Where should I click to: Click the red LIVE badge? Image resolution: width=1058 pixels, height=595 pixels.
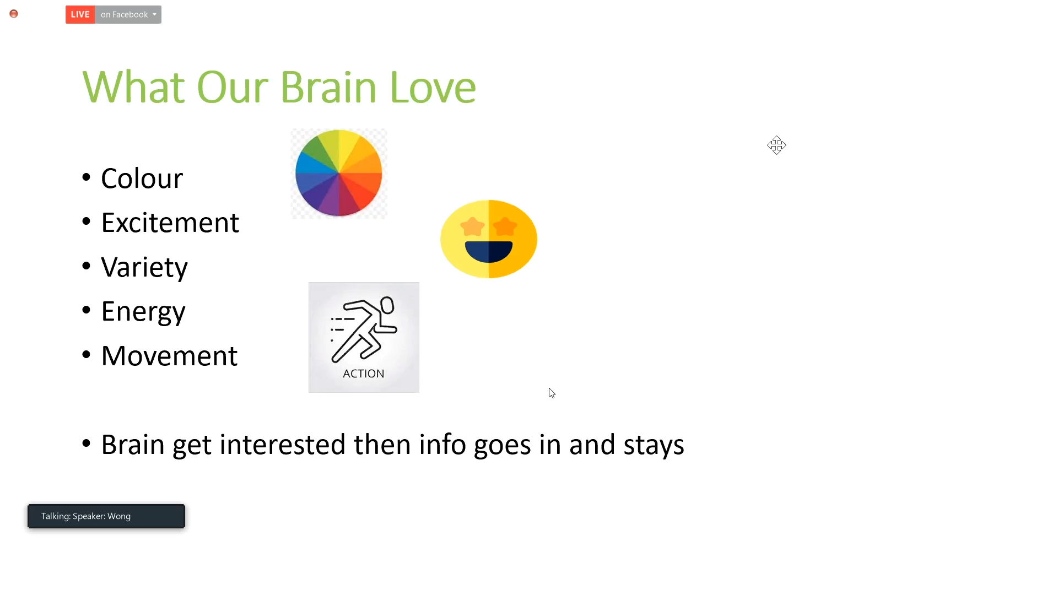(x=80, y=15)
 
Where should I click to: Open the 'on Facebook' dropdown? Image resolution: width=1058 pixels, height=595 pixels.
(x=128, y=15)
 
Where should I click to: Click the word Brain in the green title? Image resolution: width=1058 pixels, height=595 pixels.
(x=328, y=87)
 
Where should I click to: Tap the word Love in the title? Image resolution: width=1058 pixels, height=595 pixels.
(x=433, y=87)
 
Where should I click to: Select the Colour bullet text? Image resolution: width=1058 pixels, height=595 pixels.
(x=142, y=178)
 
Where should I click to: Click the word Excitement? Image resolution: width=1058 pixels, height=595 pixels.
(x=170, y=223)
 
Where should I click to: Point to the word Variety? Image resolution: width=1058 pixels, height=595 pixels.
(x=144, y=268)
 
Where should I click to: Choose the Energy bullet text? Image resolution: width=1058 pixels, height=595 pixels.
(x=143, y=312)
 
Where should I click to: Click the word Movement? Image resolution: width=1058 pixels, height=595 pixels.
(x=169, y=356)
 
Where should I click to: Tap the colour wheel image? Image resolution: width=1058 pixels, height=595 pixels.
(x=339, y=174)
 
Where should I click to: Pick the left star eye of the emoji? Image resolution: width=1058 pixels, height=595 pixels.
(x=473, y=226)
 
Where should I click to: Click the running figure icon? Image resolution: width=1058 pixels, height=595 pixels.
(x=363, y=329)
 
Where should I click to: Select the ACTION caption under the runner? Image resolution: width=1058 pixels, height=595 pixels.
(x=364, y=374)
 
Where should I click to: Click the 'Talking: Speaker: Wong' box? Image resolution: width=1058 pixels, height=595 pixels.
(x=106, y=516)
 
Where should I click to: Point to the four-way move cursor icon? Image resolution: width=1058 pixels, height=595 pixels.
(x=776, y=145)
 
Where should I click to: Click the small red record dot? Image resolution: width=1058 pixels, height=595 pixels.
(x=14, y=14)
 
